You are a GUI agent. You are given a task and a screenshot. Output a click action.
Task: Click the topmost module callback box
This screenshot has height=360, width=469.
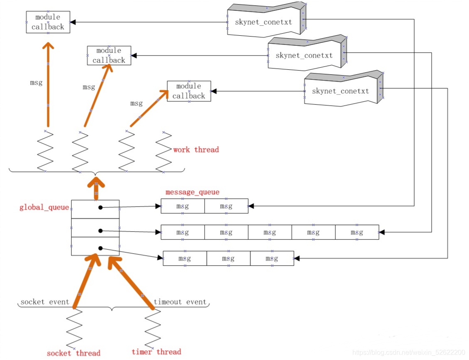pos(48,22)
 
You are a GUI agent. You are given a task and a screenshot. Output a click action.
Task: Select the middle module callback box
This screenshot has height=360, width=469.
pos(109,55)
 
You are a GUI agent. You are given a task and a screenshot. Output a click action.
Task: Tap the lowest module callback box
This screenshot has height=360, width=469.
pos(189,91)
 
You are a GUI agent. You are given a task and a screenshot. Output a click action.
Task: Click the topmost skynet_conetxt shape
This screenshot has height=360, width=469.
pos(266,20)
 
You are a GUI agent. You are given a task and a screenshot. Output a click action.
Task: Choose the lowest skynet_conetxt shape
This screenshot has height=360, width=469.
pos(343,89)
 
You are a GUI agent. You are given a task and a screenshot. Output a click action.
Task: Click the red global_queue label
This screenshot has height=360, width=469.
pos(44,207)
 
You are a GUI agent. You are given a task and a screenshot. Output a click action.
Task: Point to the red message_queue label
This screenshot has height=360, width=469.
pos(192,192)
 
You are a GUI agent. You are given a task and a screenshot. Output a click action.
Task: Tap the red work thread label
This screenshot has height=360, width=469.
pos(196,149)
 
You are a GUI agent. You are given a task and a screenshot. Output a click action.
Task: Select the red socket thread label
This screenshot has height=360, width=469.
pos(73,353)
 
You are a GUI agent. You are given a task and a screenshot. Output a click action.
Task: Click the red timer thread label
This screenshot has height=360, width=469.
pos(156,352)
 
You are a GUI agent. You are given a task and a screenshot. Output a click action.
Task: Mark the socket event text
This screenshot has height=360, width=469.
pos(45,302)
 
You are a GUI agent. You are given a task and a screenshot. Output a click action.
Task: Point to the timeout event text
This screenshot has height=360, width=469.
pos(180,302)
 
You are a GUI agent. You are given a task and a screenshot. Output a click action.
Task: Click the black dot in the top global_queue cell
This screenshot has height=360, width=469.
pos(100,207)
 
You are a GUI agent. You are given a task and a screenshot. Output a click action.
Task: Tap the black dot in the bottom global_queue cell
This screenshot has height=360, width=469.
pos(100,248)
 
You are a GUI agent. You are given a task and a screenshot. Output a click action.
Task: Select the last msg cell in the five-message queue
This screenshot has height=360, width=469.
pos(357,232)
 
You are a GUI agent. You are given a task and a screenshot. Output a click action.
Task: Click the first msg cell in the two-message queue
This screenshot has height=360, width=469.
pos(183,206)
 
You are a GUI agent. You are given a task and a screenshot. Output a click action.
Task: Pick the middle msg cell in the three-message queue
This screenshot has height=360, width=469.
pos(229,258)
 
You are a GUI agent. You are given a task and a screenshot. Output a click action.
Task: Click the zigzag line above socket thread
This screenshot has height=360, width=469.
pos(74,328)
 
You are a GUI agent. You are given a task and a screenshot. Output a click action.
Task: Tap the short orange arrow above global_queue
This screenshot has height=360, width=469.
pos(96,188)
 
